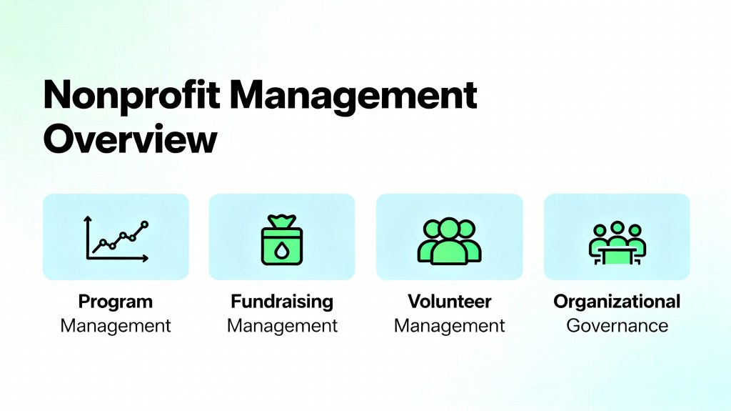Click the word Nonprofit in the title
point(131,96)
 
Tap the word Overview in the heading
point(130,139)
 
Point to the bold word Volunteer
point(450,302)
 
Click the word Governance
point(617,325)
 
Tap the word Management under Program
point(116,326)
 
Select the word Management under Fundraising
point(282,326)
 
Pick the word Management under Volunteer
point(450,326)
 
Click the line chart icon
point(116,238)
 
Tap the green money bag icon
point(281,239)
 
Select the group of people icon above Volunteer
point(450,241)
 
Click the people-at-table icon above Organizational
point(617,243)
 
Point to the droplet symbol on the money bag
point(281,250)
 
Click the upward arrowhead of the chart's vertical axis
point(87,218)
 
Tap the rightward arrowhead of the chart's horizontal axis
point(146,258)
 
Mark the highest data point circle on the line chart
point(144,224)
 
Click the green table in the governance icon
point(617,256)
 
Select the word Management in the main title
point(353,96)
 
